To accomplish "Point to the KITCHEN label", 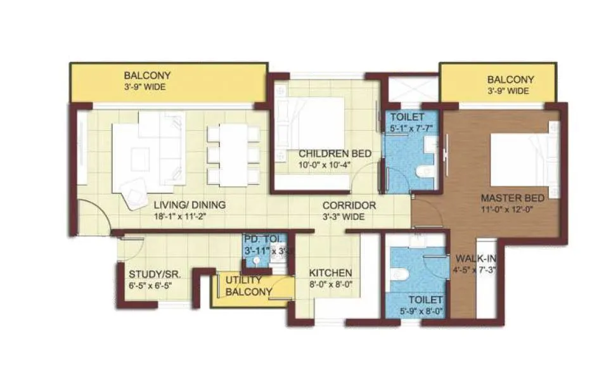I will tap(330, 273).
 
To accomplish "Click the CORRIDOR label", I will tap(349, 205).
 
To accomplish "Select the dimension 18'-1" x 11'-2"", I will tap(181, 217).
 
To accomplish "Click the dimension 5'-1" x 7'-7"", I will tap(411, 129).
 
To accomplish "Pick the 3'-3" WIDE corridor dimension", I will tap(349, 217).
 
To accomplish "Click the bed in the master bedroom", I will tap(524, 155).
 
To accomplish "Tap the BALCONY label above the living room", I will tap(147, 75).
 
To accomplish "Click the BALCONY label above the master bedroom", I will tap(510, 80).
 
